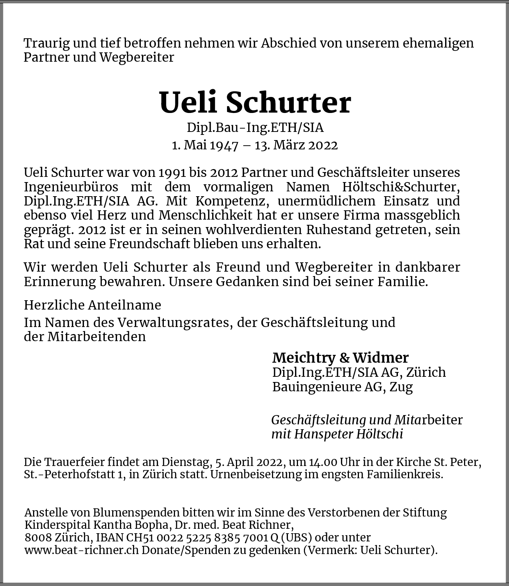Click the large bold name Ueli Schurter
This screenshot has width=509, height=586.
pos(255,103)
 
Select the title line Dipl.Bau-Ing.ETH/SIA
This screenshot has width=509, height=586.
pos(255,127)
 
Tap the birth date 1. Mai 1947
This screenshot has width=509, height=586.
pos(205,145)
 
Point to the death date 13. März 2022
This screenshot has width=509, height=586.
pos(296,145)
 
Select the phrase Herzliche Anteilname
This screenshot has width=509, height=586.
pos(93,305)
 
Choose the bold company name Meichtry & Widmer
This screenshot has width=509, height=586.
pos(340,357)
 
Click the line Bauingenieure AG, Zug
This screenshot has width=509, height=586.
pos(342,387)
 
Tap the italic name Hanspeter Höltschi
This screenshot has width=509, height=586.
pos(348,434)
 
